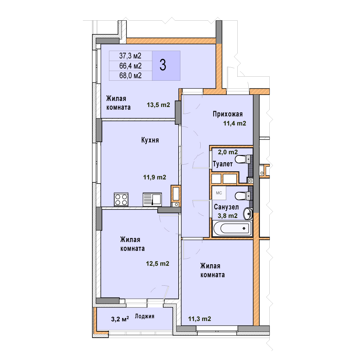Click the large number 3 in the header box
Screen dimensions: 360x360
163,65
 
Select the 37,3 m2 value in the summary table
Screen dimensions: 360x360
130,56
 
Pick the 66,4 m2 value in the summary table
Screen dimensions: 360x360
130,66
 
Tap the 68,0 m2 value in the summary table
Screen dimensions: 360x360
130,76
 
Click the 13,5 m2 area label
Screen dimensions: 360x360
158,105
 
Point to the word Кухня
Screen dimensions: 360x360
150,140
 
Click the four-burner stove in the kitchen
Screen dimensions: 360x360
121,199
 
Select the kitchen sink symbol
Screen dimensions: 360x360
152,199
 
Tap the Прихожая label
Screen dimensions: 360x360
228,114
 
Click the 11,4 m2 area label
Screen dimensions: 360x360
235,124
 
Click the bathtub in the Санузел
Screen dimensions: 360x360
232,228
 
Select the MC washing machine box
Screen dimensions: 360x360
219,193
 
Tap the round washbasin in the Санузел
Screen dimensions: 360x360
247,214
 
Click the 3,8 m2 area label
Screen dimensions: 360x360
228,216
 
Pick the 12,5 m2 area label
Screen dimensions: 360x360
157,264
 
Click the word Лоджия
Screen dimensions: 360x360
144,316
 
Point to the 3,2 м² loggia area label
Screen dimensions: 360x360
120,319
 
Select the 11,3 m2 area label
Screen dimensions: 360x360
200,319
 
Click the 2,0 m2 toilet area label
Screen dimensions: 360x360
228,152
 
